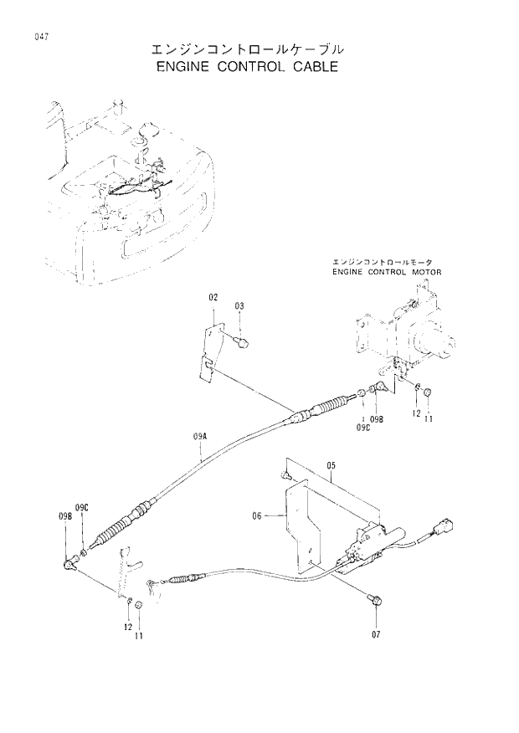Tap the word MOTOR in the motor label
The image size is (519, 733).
pos(425,272)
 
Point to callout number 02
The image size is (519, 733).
pos(213,297)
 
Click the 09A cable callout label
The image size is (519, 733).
pos(199,436)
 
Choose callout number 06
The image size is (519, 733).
pos(257,516)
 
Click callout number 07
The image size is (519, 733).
pos(376,633)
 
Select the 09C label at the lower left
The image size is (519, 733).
pos(81,508)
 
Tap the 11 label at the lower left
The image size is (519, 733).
pos(139,637)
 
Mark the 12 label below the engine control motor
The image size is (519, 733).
pos(415,413)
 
